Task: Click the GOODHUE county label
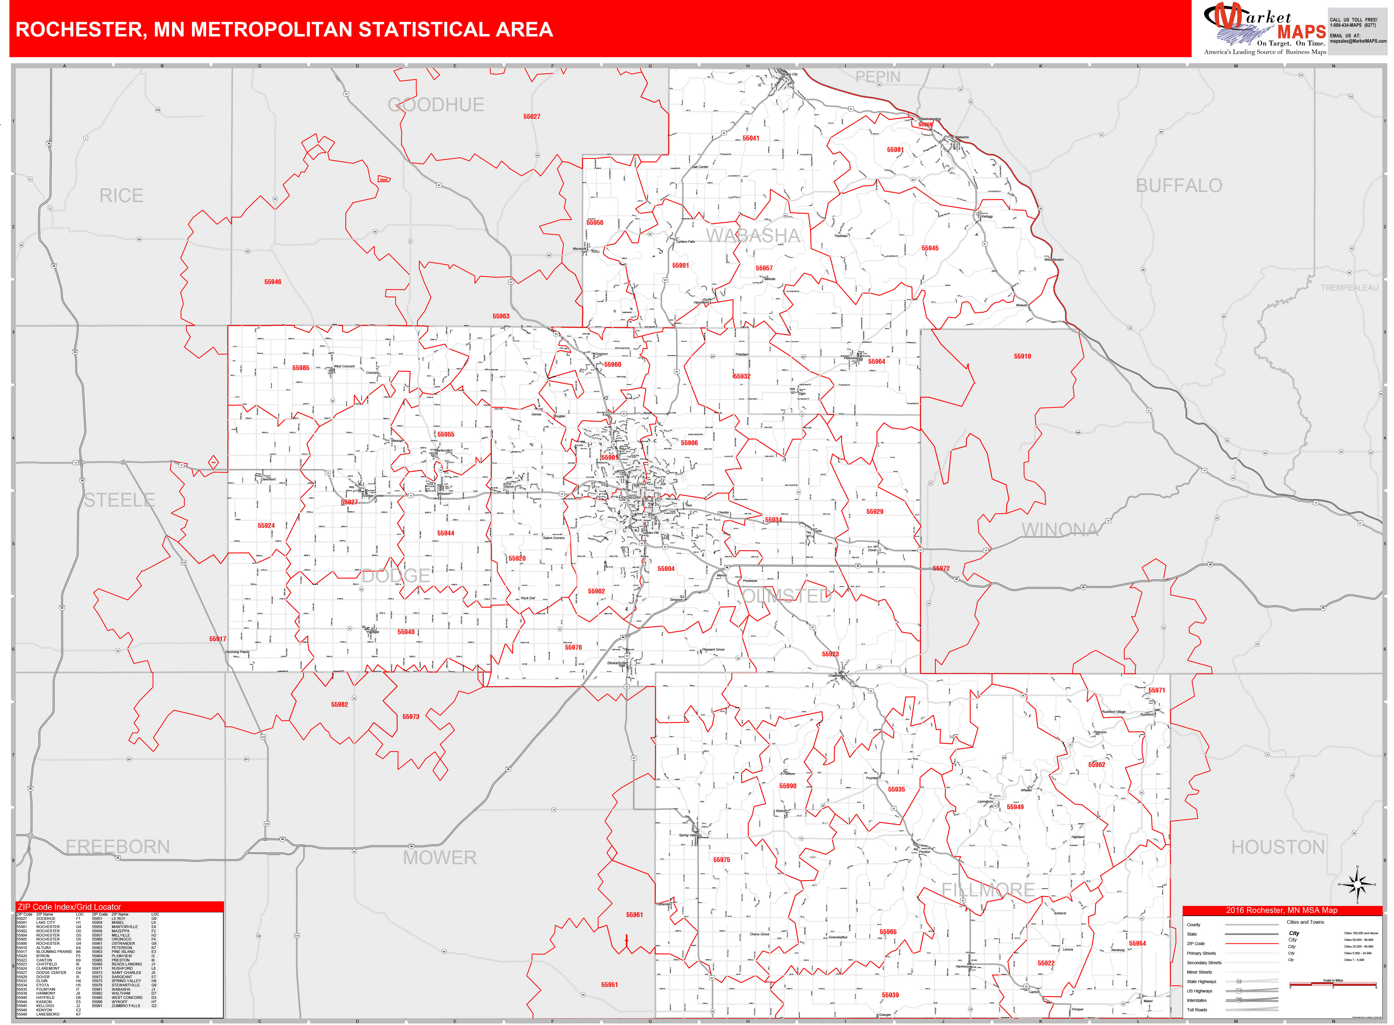436,105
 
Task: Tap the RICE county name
122,196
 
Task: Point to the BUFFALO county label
1178,185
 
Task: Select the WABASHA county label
754,236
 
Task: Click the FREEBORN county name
118,847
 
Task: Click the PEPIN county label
878,77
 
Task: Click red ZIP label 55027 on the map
531,117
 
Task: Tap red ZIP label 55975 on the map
721,860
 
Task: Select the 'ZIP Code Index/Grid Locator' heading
70,907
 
